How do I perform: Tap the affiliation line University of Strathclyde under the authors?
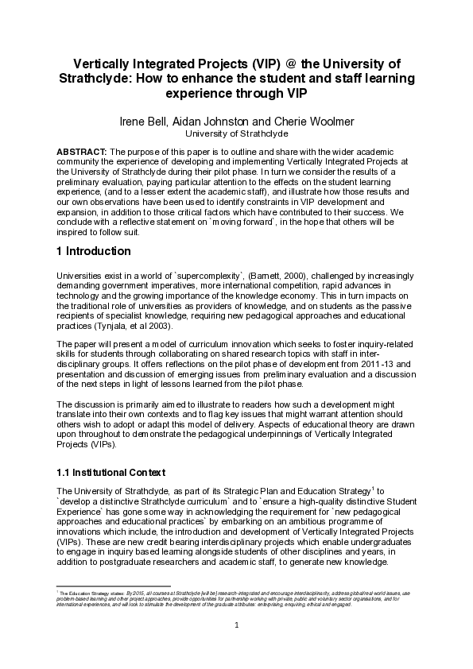point(236,134)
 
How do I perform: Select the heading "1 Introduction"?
point(94,252)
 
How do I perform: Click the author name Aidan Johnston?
point(215,122)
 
